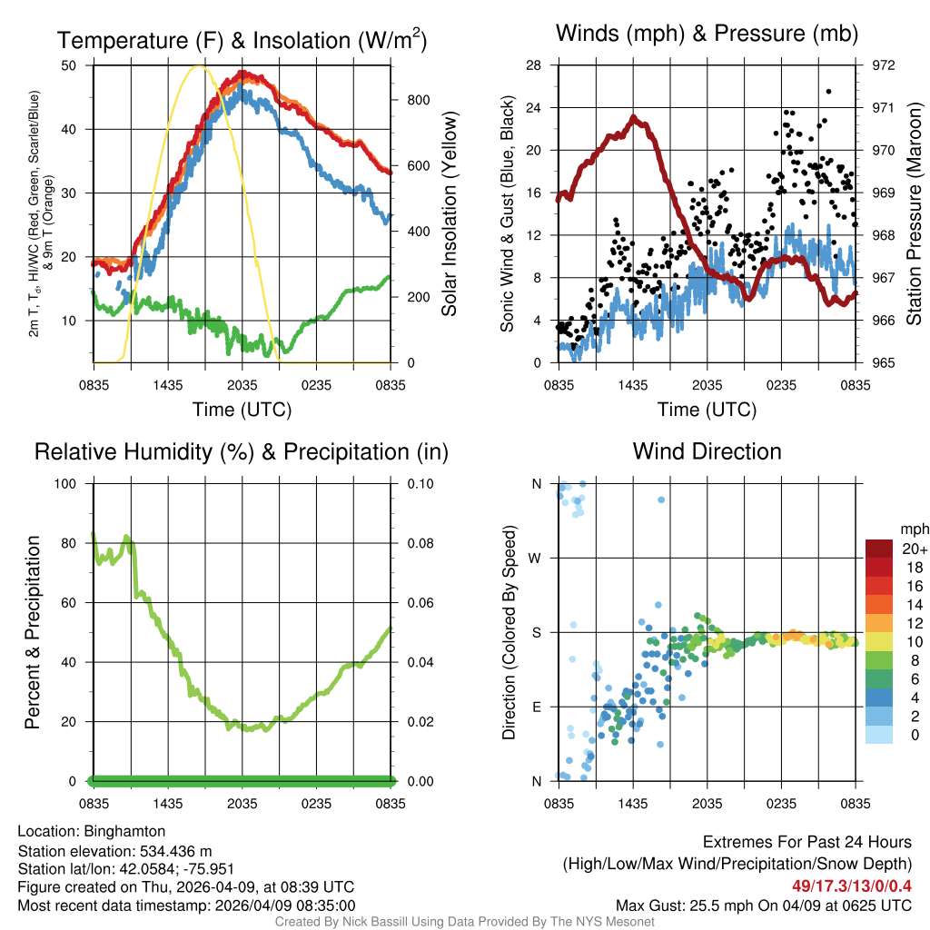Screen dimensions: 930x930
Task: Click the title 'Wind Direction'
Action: click(707, 451)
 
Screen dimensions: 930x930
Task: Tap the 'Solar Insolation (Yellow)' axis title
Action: click(450, 214)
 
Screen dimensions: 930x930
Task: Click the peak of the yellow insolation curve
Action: click(201, 66)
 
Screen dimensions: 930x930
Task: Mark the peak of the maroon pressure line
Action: click(634, 117)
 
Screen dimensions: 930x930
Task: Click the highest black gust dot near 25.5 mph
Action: click(828, 91)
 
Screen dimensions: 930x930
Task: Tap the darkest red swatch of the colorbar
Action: click(879, 549)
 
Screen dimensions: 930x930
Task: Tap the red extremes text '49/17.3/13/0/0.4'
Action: click(851, 885)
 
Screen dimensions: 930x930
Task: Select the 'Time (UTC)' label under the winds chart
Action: click(707, 410)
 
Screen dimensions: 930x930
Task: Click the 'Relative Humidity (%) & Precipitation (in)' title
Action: click(241, 451)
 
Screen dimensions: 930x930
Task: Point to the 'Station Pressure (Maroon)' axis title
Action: click(915, 214)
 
